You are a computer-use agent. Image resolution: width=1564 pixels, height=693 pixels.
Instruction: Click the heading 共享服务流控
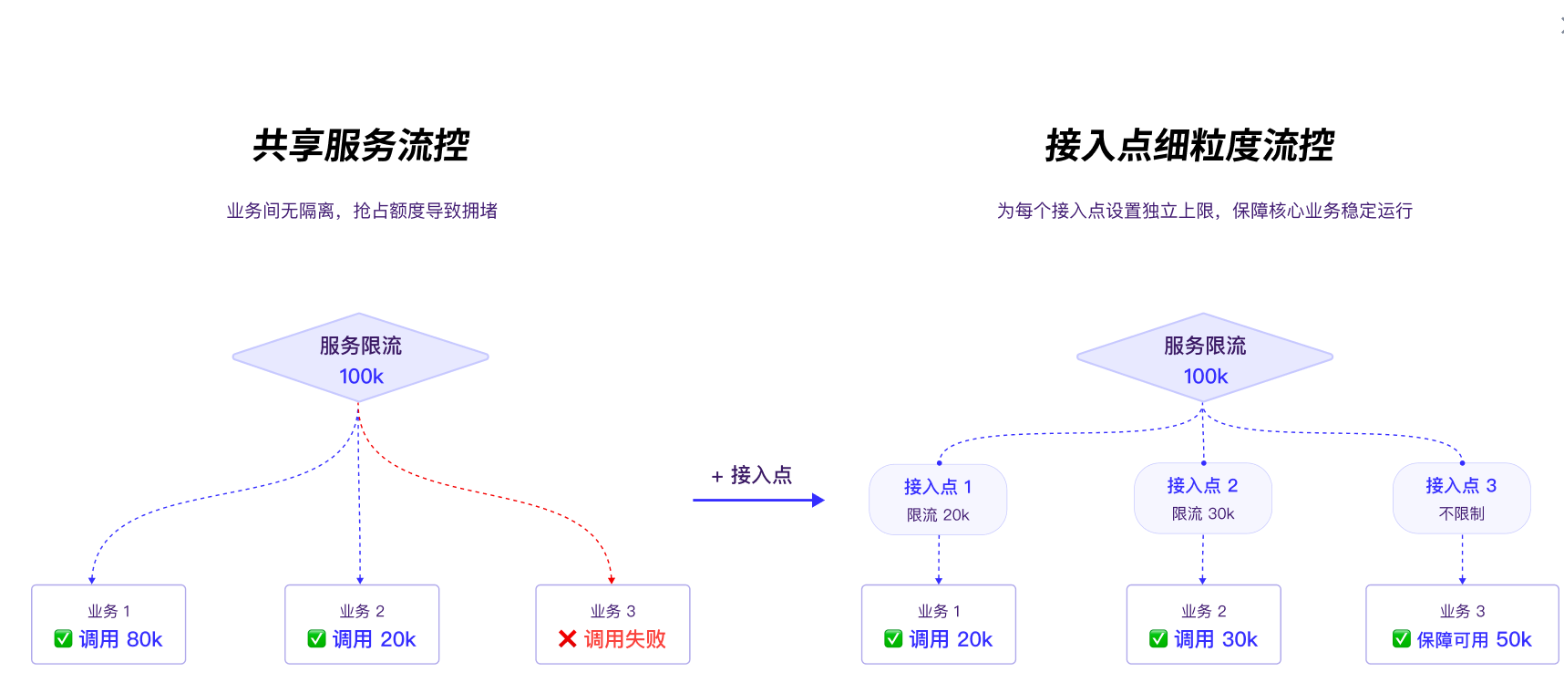(x=361, y=146)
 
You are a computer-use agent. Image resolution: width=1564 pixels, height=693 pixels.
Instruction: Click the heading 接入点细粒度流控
(x=1189, y=146)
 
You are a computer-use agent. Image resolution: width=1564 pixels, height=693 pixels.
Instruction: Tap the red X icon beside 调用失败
(x=567, y=639)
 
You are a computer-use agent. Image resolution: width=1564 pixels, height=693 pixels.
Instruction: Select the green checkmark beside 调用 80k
(x=63, y=639)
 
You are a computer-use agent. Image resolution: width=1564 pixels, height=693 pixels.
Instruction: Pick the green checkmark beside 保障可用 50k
(x=1402, y=639)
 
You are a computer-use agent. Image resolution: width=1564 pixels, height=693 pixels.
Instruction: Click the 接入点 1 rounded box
(x=938, y=499)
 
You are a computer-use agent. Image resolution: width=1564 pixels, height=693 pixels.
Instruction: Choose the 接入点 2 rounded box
(x=1202, y=498)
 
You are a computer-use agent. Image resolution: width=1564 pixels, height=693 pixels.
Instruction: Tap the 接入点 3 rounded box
(x=1461, y=498)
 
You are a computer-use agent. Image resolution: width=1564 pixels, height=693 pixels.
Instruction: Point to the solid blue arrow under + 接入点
(x=758, y=500)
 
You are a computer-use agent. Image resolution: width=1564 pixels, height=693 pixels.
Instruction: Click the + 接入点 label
(x=752, y=475)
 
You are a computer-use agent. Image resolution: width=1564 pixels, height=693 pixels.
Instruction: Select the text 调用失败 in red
(x=625, y=639)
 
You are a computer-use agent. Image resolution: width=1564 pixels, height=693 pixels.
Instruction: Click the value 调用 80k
(x=120, y=639)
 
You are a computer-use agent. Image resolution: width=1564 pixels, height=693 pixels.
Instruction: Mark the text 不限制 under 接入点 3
(x=1461, y=514)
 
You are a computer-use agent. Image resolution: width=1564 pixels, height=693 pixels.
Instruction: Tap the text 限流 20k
(x=938, y=515)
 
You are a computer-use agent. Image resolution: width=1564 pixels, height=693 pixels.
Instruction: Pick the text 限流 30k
(x=1203, y=514)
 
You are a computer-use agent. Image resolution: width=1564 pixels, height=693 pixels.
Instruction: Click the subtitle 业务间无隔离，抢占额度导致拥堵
(x=362, y=211)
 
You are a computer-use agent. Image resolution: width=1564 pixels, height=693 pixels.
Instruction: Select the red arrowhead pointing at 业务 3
(x=612, y=579)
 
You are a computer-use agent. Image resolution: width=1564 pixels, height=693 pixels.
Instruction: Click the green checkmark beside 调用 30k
(x=1158, y=639)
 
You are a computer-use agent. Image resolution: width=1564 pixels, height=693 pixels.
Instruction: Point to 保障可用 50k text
(x=1474, y=639)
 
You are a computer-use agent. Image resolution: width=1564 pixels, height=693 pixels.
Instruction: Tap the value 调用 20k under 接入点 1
(x=951, y=639)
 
